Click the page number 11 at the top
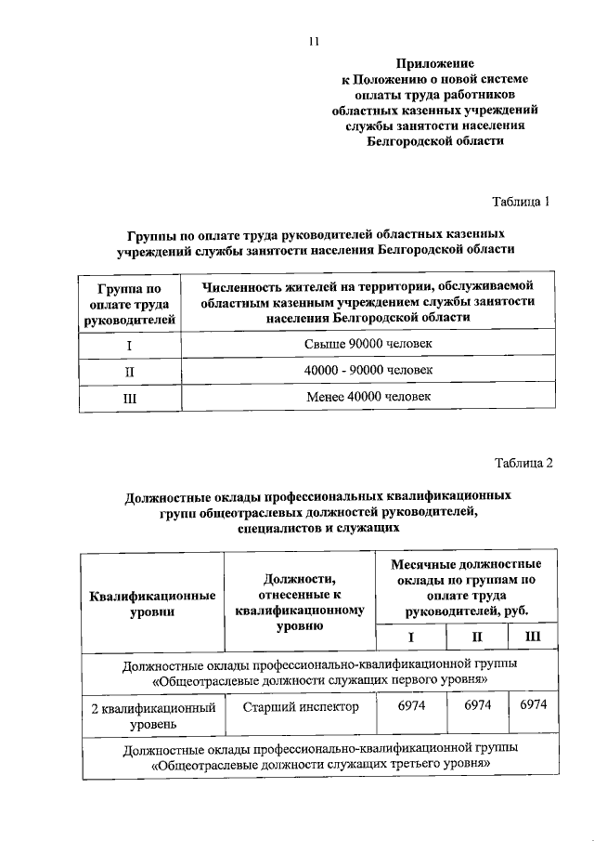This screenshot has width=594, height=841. tap(314, 40)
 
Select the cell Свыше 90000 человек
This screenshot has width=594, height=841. tap(368, 345)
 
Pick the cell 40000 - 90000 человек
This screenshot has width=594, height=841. tap(368, 371)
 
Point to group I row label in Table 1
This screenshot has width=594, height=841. tap(129, 345)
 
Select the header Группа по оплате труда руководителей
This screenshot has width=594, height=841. tap(129, 303)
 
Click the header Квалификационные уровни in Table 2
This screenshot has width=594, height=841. tap(153, 604)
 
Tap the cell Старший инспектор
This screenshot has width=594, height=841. tap(300, 707)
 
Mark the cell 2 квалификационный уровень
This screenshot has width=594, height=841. tap(153, 715)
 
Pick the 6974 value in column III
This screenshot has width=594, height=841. tap(533, 707)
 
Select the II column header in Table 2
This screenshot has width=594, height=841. tap(477, 637)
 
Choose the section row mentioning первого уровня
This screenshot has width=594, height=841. tap(320, 673)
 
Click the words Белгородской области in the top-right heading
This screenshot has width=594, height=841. tap(435, 142)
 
